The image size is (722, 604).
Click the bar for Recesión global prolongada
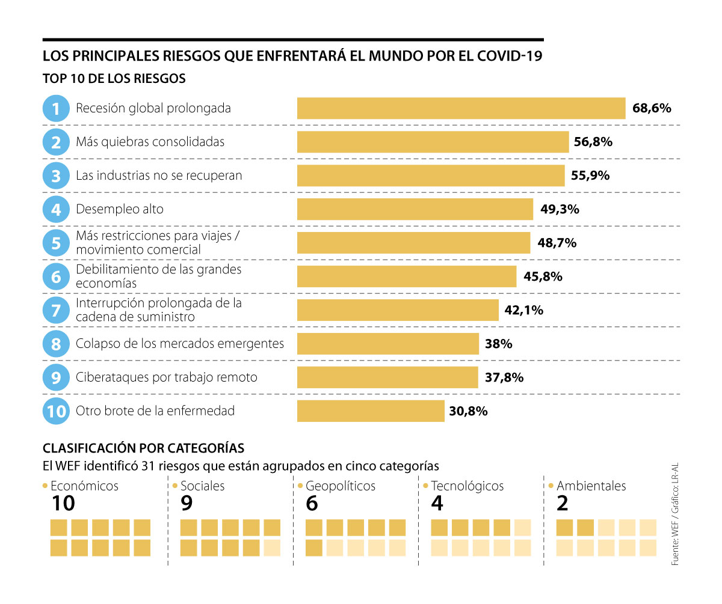[x=461, y=109]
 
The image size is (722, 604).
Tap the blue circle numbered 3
[x=56, y=176]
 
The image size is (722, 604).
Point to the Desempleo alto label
[x=119, y=210]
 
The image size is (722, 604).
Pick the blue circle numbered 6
[x=56, y=276]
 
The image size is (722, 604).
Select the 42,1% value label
[x=524, y=311]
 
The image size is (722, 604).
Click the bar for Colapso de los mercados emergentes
[x=387, y=344]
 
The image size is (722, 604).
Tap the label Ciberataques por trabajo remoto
[x=166, y=378]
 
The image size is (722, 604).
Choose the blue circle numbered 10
[x=56, y=412]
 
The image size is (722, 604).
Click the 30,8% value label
[x=468, y=412]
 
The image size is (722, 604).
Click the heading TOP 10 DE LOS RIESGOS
[x=114, y=79]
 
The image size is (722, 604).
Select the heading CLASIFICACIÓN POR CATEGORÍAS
[x=143, y=448]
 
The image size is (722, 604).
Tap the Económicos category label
[x=84, y=486]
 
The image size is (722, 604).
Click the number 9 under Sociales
[x=187, y=504]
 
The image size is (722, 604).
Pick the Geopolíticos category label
[x=340, y=486]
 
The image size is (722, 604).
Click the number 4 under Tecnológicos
[x=437, y=504]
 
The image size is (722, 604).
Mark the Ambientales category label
[x=591, y=486]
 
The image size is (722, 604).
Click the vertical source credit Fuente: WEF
[x=675, y=541]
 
